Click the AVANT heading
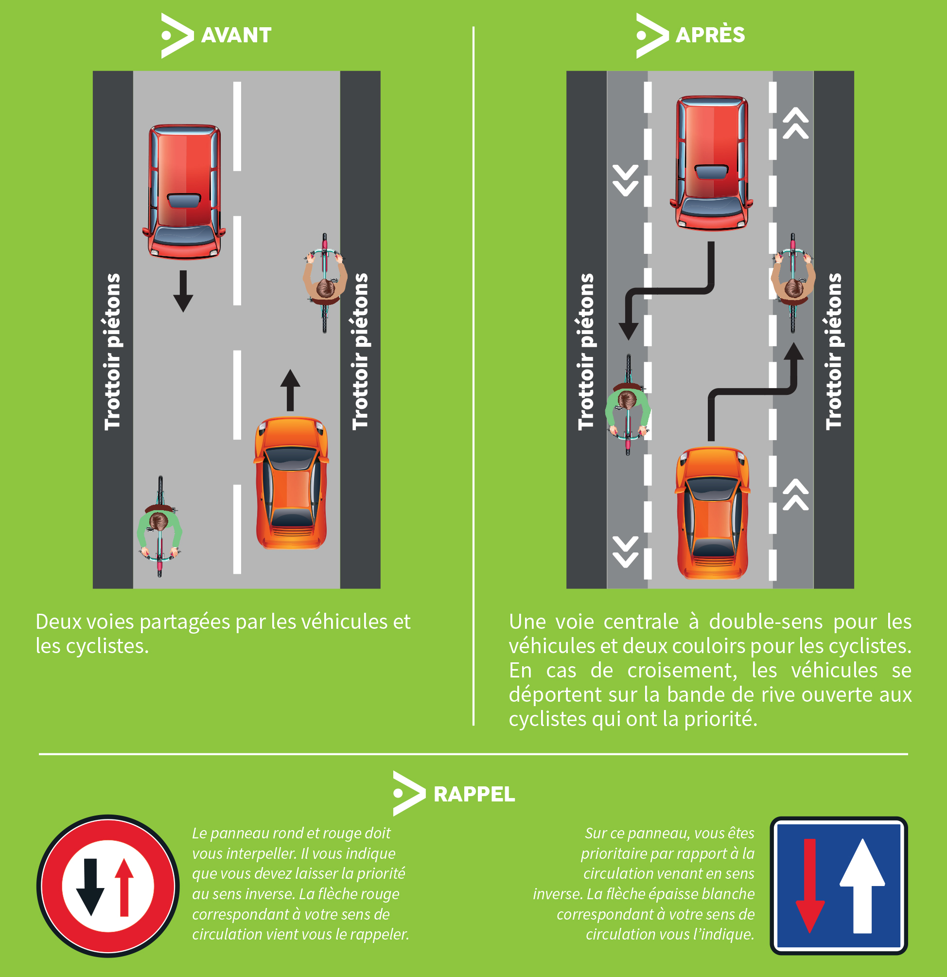236,36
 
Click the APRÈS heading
710,36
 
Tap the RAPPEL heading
473,794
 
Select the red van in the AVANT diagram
184,192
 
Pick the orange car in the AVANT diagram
292,483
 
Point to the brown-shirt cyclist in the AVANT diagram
325,283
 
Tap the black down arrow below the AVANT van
183,292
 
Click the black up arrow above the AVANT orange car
290,390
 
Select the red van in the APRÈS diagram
711,163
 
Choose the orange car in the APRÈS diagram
712,514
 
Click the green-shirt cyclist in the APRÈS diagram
628,405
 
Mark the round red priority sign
107,886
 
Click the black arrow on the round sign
90,887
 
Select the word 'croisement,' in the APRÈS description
682,671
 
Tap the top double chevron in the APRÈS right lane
795,123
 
